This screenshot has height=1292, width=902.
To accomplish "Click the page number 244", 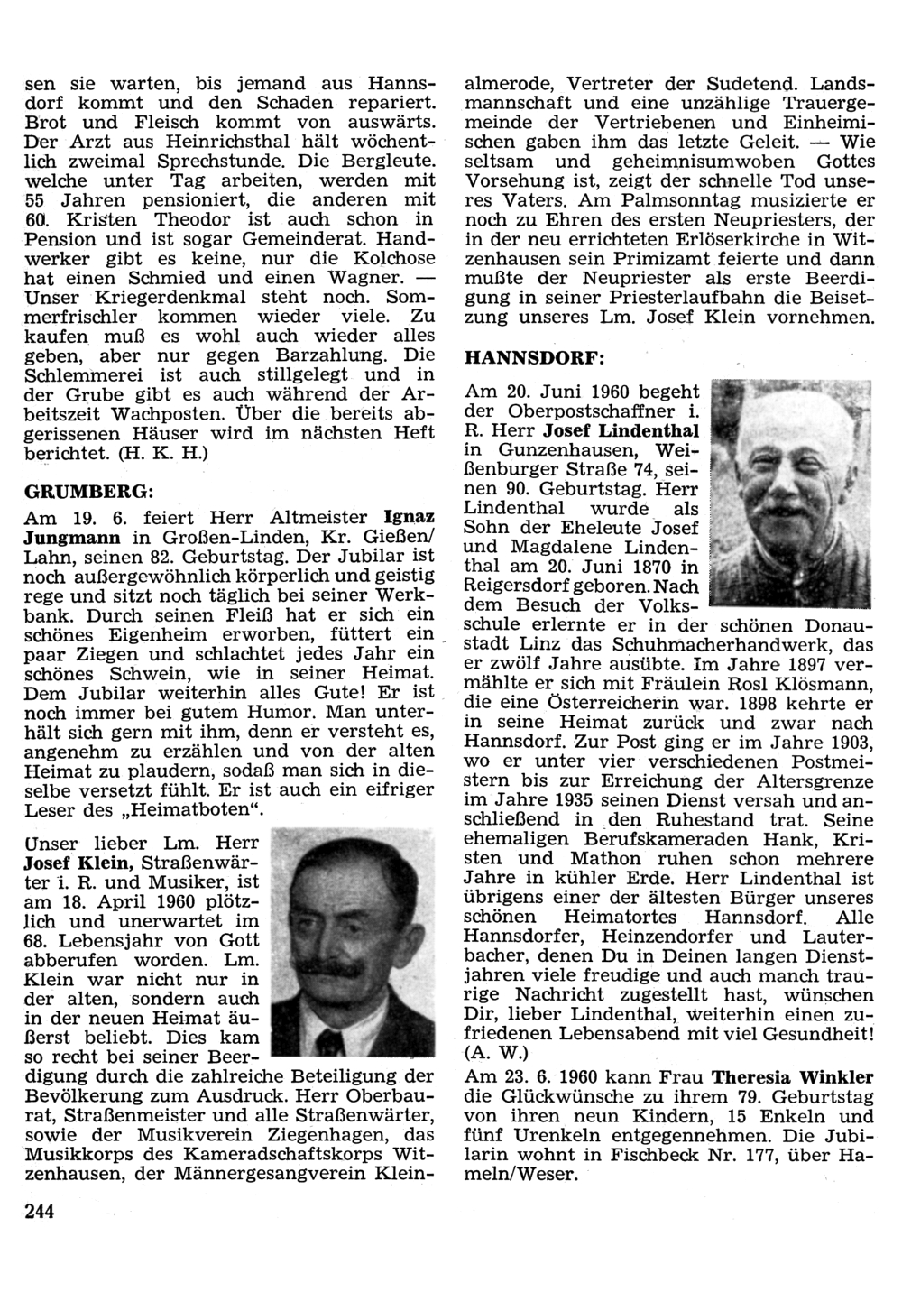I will [x=40, y=1211].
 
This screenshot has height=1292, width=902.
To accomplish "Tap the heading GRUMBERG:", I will [x=87, y=492].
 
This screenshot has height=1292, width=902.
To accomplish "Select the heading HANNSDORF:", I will [x=533, y=357].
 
